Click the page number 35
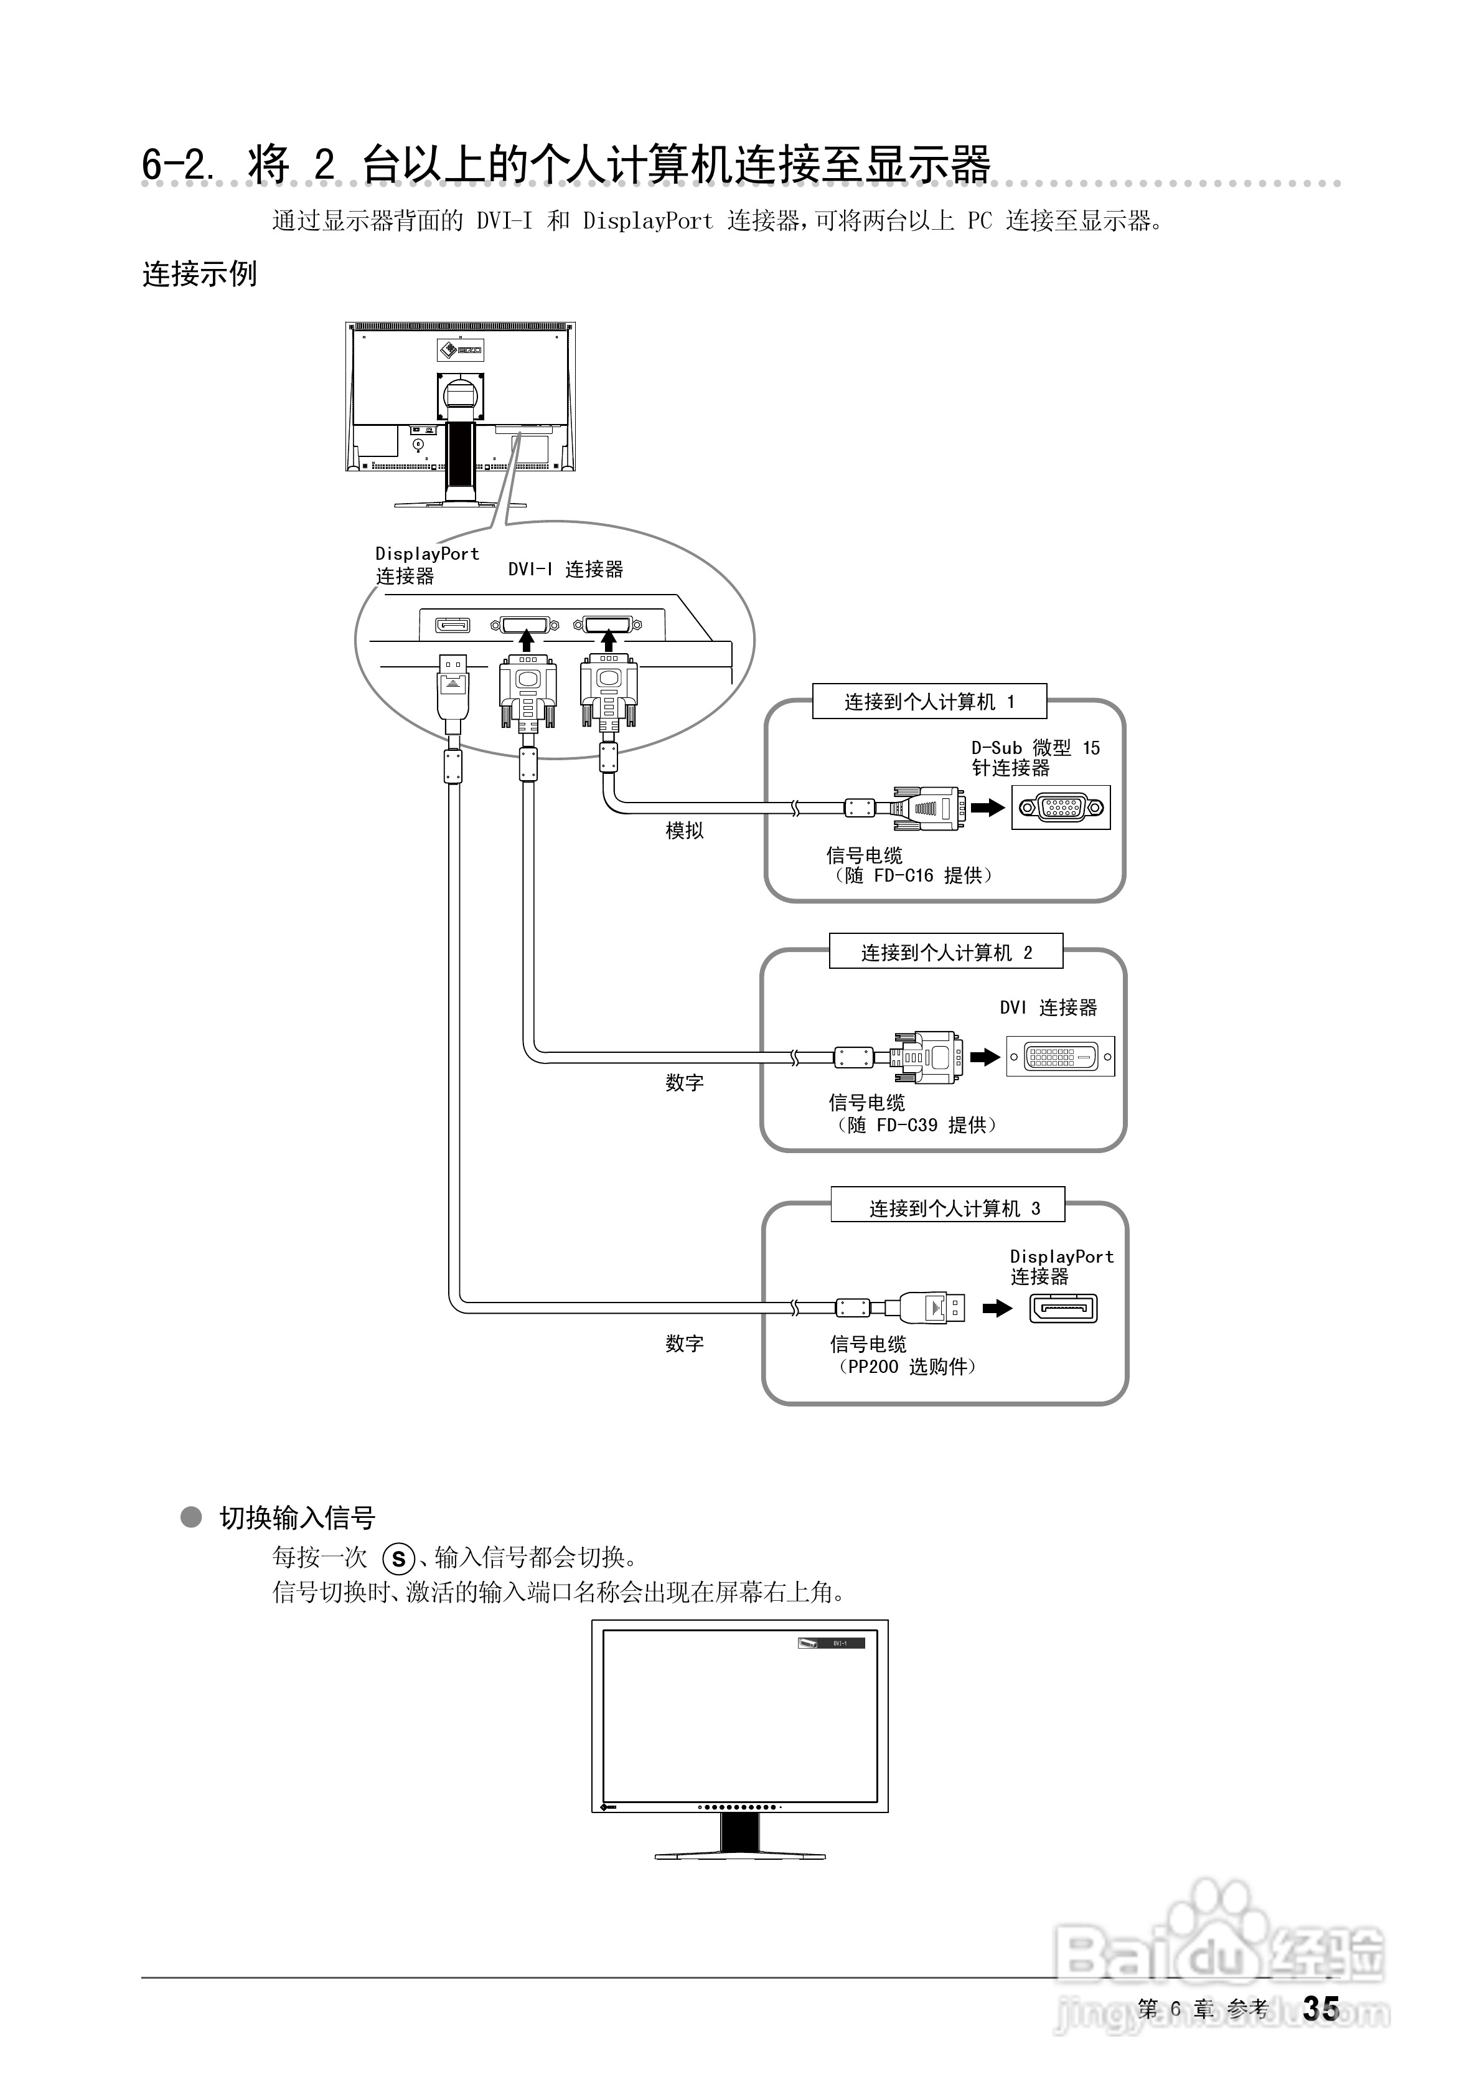click(x=1320, y=2009)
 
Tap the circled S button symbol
click(x=398, y=1559)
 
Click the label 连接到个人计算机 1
click(x=929, y=702)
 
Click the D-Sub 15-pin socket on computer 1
click(x=1060, y=808)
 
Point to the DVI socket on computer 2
click(x=1060, y=1057)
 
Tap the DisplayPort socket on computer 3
click(x=1063, y=1309)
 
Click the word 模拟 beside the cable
click(x=684, y=830)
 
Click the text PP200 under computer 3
click(x=873, y=1366)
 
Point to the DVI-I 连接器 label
click(x=565, y=569)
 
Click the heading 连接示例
click(x=199, y=273)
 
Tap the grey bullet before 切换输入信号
click(x=191, y=1517)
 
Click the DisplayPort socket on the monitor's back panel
click(x=452, y=624)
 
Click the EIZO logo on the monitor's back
click(x=460, y=349)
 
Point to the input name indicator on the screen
click(x=830, y=1643)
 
